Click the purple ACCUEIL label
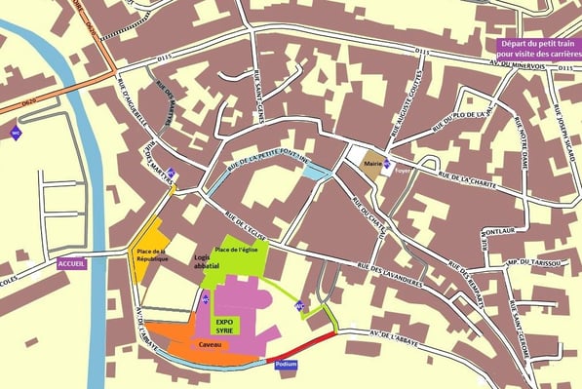(72, 263)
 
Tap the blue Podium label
(287, 364)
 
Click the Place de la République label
(149, 256)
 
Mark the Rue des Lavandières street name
(389, 273)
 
